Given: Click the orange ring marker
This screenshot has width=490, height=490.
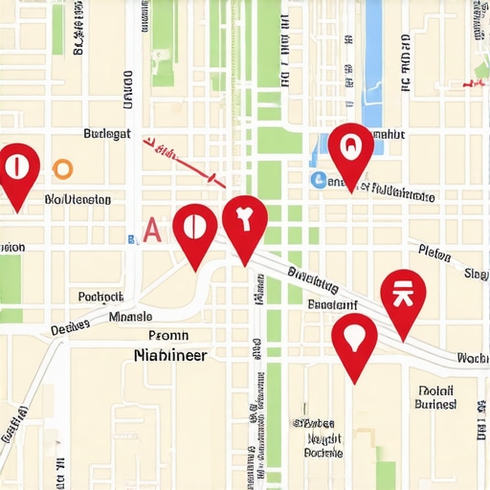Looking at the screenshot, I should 62,169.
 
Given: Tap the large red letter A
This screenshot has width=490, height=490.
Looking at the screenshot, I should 151,230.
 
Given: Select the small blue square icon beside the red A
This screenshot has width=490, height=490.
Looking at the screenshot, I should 131,236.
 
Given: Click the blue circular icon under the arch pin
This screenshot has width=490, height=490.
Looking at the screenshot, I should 318,179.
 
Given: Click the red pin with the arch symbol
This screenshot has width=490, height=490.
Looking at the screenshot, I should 350,152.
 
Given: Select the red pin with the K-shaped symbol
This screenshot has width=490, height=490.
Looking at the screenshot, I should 403,299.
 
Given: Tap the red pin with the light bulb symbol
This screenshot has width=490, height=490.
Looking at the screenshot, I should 354,342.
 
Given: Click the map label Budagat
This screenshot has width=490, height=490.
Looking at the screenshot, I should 107,135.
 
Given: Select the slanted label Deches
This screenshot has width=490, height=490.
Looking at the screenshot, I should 70,328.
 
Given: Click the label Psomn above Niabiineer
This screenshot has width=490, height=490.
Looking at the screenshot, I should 168,336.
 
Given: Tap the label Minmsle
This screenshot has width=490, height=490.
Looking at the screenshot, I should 130,316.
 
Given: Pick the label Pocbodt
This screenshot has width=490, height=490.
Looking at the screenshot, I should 100,297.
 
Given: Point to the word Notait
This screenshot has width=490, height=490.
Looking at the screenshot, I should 435,390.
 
